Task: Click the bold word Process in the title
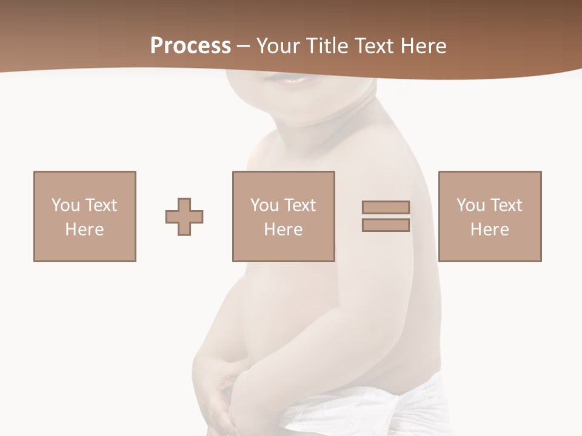[190, 46]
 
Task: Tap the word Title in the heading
[329, 46]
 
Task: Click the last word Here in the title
[424, 46]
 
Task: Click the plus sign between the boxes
[184, 216]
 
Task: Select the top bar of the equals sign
[386, 207]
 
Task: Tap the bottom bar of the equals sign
[386, 225]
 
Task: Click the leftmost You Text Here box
[85, 216]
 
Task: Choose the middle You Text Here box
[284, 216]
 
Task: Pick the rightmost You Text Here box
[490, 216]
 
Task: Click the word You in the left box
[65, 205]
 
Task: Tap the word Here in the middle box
[284, 230]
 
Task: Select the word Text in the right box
[506, 205]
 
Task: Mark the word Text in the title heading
[376, 46]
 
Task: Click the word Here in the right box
[490, 230]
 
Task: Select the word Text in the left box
[101, 205]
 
